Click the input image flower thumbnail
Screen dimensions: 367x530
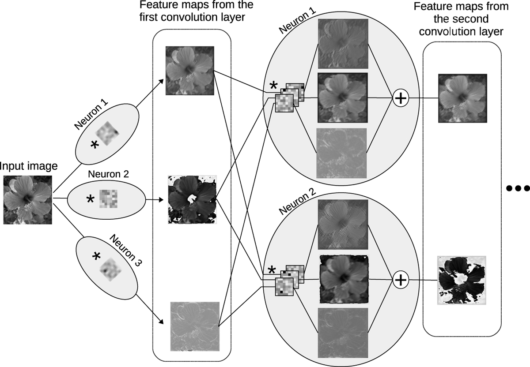click(28, 199)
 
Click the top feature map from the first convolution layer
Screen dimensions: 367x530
click(189, 71)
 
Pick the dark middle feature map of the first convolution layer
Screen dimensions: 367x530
click(192, 200)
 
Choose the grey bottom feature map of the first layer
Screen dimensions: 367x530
click(195, 326)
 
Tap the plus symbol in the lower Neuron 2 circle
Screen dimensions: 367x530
click(400, 279)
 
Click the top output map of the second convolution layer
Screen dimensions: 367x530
click(462, 98)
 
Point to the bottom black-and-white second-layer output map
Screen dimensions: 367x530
click(462, 280)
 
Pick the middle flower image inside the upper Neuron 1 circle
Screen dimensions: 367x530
click(342, 97)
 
